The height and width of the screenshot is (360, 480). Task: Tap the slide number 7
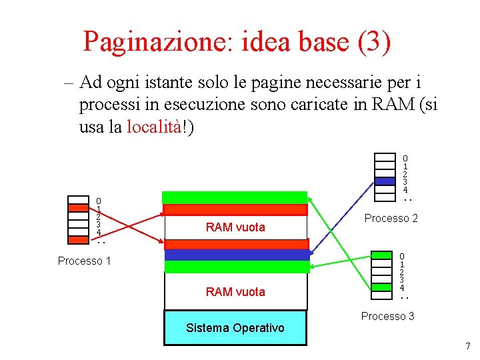tap(467, 346)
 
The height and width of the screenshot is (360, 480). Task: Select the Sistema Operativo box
tap(235, 327)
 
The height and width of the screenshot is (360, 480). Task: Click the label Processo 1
tap(84, 261)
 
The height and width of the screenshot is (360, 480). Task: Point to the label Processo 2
tap(391, 218)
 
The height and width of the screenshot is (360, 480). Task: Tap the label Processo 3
tap(387, 316)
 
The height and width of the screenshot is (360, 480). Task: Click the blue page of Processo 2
tap(385, 181)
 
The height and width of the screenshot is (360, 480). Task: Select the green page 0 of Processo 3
tap(382, 255)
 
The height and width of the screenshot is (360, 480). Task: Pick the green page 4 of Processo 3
tap(382, 287)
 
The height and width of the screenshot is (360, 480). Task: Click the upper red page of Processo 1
tap(78, 207)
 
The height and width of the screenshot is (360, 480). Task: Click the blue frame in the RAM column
tap(237, 254)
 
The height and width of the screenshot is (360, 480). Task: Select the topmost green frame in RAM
tap(235, 197)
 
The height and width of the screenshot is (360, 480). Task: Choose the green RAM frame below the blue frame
tap(237, 267)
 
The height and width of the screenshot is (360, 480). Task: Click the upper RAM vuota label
tap(235, 227)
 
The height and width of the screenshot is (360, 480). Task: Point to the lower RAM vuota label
tap(235, 291)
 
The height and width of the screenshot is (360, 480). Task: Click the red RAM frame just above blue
tap(237, 243)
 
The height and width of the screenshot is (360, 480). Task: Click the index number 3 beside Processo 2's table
tap(405, 181)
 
